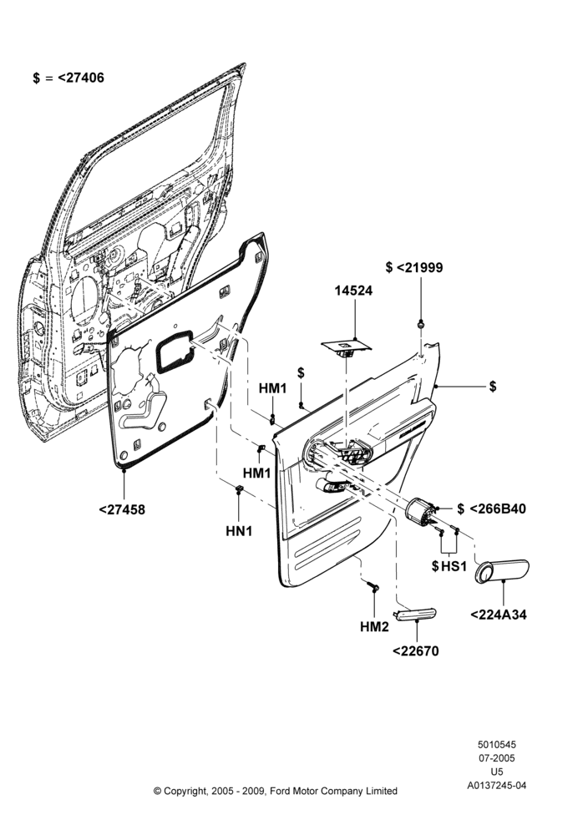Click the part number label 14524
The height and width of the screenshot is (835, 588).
[x=353, y=291]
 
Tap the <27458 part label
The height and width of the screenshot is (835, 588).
[x=122, y=509]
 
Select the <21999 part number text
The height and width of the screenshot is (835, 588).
[x=419, y=267]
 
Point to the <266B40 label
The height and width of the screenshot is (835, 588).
[x=498, y=509]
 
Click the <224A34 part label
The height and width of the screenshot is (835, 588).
[x=499, y=615]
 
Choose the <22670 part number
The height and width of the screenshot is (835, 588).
[x=415, y=651]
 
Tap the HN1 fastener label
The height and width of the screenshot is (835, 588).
[x=239, y=531]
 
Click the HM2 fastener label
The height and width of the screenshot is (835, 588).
[x=374, y=627]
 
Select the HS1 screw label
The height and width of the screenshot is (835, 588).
[x=454, y=566]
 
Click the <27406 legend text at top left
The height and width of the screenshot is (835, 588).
[x=80, y=78]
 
